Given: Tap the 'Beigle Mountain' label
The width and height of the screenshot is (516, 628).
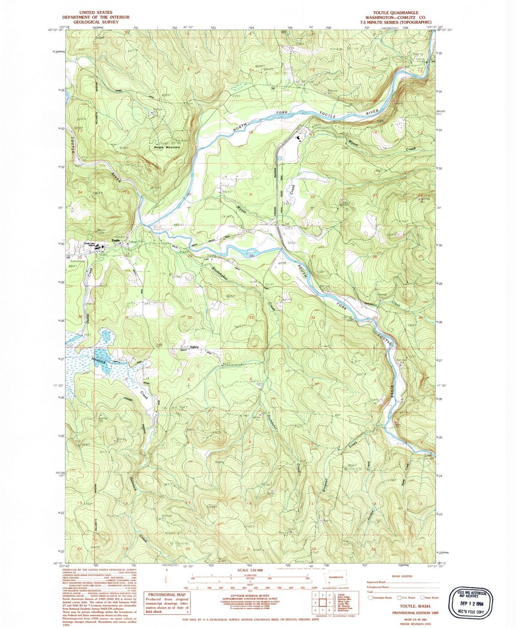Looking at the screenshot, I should point(167,147).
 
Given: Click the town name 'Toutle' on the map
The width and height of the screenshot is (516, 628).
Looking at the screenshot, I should point(116,240).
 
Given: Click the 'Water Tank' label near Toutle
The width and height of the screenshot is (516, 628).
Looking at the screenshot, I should point(101,231).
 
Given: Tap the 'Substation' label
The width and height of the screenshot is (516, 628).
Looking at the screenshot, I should point(75,261).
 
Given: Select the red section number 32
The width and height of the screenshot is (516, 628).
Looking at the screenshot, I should point(190,318).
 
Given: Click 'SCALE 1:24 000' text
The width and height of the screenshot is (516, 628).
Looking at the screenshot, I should point(250,570).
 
